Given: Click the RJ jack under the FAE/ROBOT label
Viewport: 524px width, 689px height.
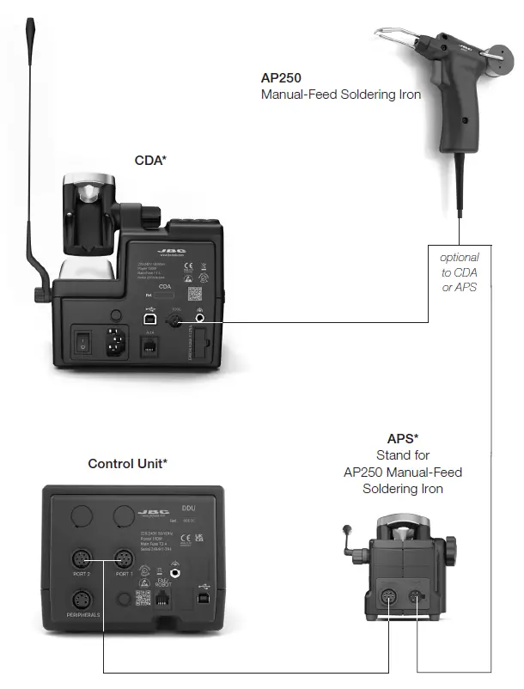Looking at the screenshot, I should tap(162, 600).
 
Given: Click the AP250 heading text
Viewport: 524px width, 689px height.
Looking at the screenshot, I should tap(281, 77).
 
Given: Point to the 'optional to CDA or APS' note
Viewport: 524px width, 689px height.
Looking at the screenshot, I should tap(459, 271).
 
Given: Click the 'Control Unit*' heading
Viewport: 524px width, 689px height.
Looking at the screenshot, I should tap(127, 464).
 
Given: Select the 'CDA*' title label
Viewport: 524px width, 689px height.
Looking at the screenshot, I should tap(150, 160).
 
